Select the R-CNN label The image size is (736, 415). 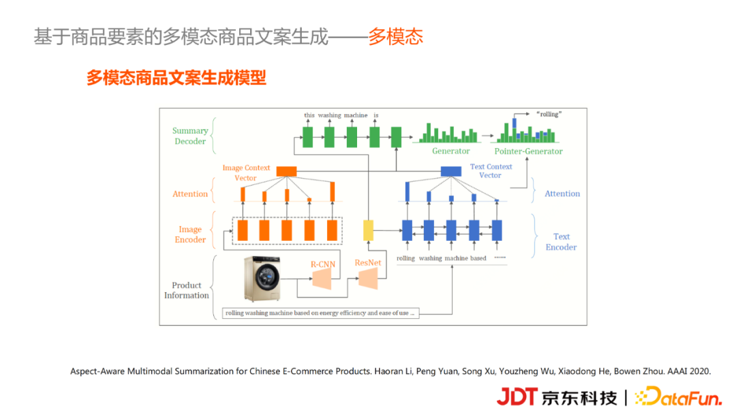coord(322,264)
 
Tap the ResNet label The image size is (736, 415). coord(368,262)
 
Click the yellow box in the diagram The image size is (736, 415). coord(369,230)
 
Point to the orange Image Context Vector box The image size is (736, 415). coord(286,171)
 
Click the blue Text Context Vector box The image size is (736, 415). coord(451,171)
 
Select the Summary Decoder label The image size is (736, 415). coord(190,136)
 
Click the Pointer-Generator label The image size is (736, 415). coord(528,152)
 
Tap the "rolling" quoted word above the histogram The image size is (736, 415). coord(549,114)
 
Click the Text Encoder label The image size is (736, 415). coord(561,242)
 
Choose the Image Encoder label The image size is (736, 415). coord(190,234)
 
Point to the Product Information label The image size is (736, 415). coord(186,290)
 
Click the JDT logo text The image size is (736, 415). coord(518,396)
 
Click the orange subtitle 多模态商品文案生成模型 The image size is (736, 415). coord(176,78)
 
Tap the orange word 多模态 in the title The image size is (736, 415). coord(396,37)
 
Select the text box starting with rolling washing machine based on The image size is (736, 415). coord(320,313)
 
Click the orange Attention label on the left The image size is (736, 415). coord(190,194)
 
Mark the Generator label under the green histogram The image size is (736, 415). coord(450,152)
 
